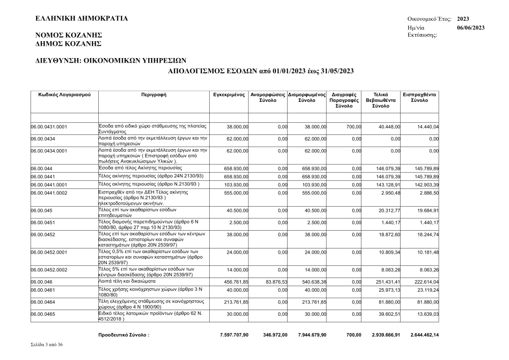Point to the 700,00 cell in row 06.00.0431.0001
coord(353,126)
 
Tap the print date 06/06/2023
coord(470,27)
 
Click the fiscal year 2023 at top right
coord(463,19)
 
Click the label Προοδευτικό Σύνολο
coord(124,335)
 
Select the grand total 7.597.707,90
coord(231,335)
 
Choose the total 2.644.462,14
coord(424,335)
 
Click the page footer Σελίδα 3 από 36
coord(47,345)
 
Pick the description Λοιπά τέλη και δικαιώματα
coord(128,281)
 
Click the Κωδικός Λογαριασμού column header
coord(64,95)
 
